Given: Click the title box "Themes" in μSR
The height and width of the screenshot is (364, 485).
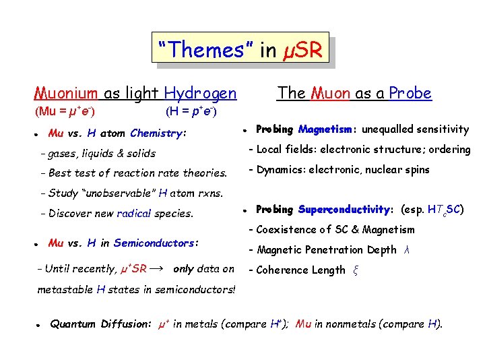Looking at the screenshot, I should [240, 50].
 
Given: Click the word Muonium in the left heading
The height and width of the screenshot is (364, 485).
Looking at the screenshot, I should [67, 93].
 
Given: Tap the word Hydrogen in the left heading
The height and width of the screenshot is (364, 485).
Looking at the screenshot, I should [201, 93].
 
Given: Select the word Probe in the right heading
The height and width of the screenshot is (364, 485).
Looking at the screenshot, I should [410, 93].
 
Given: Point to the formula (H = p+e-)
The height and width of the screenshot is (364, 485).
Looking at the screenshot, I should [190, 110].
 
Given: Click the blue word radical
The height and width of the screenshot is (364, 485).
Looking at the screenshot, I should [133, 214].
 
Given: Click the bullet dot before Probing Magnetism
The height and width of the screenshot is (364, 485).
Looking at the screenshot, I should [247, 130].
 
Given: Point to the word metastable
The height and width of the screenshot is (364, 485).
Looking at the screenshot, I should [65, 290].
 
